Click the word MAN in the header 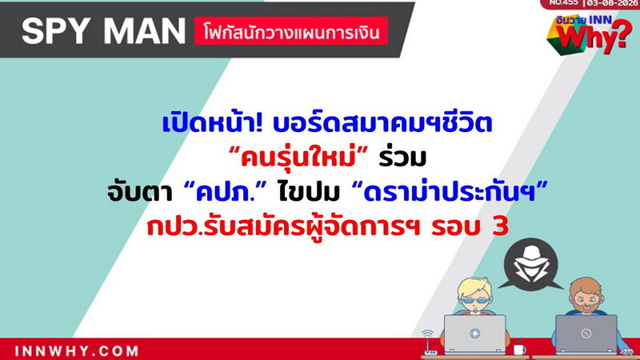click(145, 31)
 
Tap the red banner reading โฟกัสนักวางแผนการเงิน click(291, 31)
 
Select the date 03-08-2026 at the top click(612, 3)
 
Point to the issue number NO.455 click(564, 2)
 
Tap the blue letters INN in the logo click(602, 19)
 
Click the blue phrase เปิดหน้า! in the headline click(212, 122)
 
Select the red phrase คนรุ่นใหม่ click(298, 158)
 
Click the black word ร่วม click(402, 157)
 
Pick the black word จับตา click(139, 192)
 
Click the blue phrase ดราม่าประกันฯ click(449, 191)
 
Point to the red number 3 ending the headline click(500, 226)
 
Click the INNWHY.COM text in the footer click(77, 351)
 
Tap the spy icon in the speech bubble click(530, 265)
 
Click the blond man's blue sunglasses click(474, 302)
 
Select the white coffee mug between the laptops click(519, 350)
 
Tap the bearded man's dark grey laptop click(586, 334)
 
